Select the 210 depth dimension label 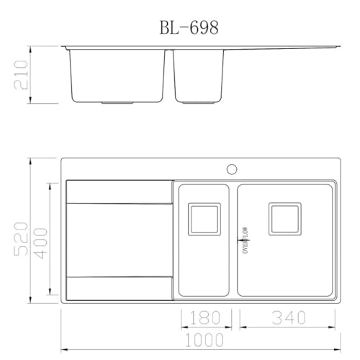click(22, 73)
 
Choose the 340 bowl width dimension click(287, 318)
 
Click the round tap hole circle click(232, 169)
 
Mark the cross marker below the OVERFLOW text click(245, 253)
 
